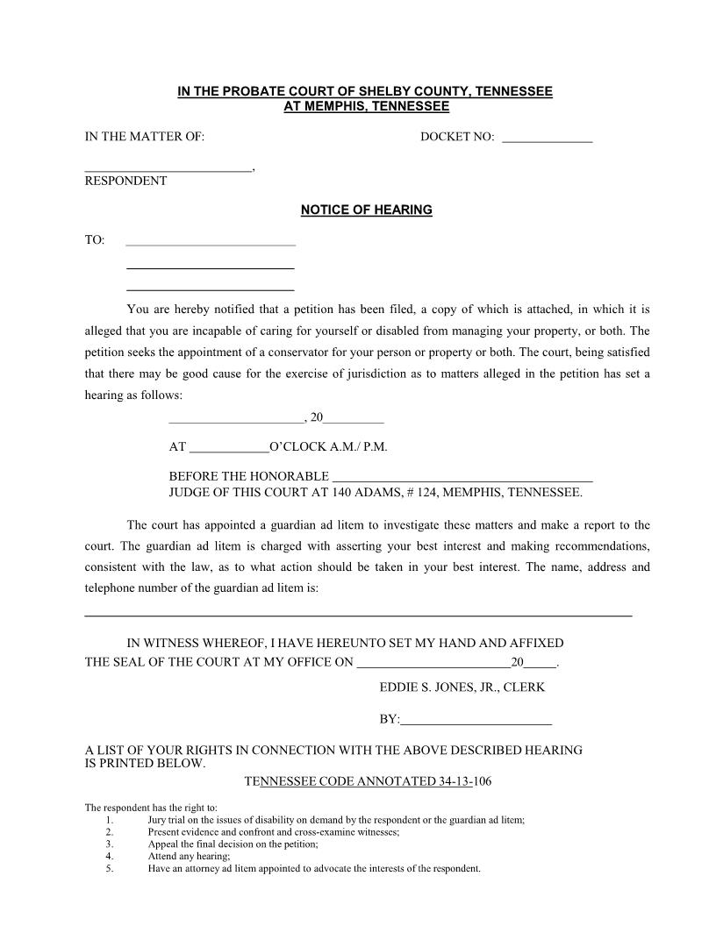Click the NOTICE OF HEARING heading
[x=366, y=210]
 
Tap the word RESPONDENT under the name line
[x=125, y=181]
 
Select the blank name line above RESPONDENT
[x=168, y=168]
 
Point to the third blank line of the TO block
[x=211, y=288]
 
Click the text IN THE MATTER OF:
[x=145, y=137]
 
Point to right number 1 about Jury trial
[x=109, y=820]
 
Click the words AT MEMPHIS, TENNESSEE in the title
[x=366, y=107]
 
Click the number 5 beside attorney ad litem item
[x=109, y=869]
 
